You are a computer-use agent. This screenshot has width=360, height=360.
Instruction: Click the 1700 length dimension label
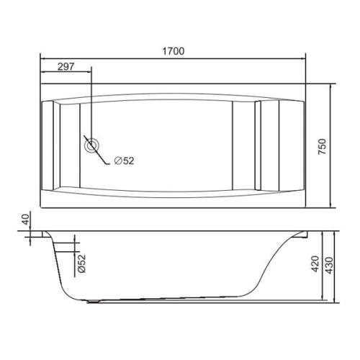coord(174,51)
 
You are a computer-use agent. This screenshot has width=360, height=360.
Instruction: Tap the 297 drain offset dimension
coord(66,66)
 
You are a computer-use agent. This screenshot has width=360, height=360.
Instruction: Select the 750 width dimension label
coord(323,146)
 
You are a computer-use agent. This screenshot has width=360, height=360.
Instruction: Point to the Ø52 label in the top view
coord(124,161)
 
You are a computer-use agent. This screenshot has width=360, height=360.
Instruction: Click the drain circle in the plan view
coord(91,145)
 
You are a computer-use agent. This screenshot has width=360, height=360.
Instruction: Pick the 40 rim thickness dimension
coord(26,219)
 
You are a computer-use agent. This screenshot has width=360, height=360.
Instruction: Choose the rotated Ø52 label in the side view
coord(81,264)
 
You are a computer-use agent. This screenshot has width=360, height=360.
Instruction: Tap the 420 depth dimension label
coord(315,264)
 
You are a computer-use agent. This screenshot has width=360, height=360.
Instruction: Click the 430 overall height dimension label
coord(330,266)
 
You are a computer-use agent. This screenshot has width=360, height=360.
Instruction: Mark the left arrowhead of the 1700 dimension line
coord(43,58)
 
